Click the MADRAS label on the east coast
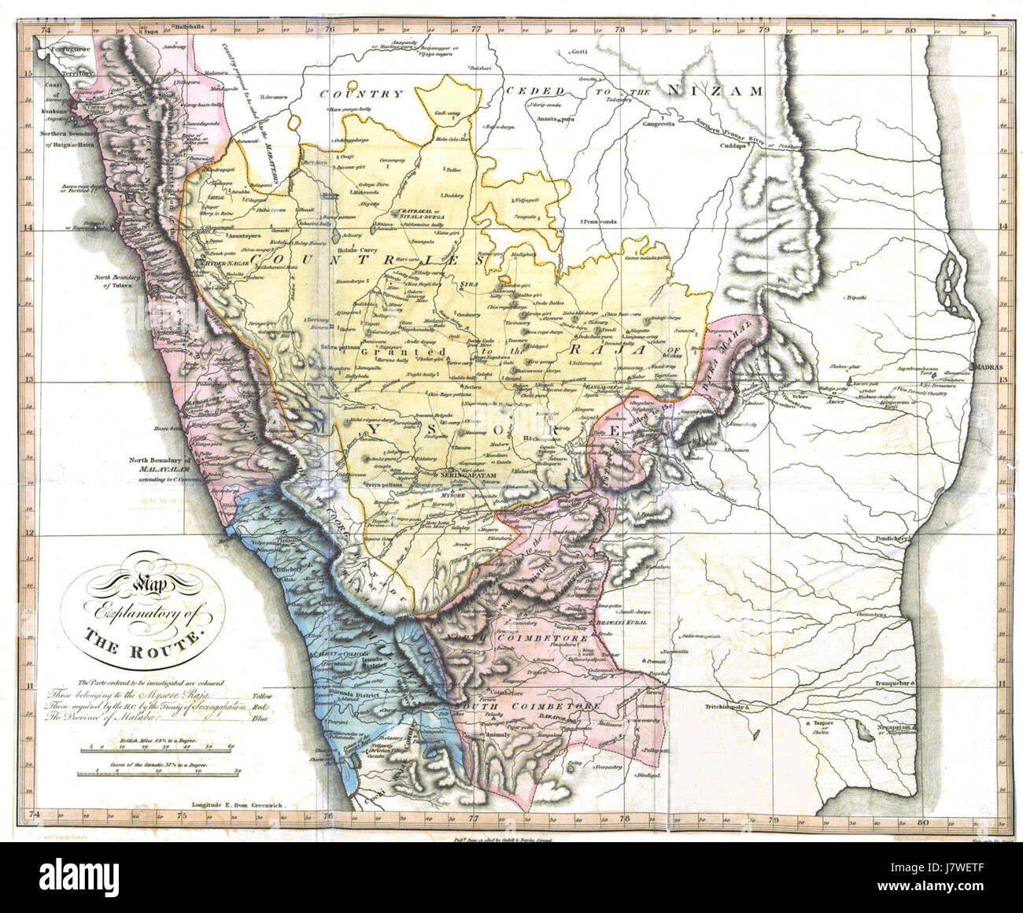coord(988,368)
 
